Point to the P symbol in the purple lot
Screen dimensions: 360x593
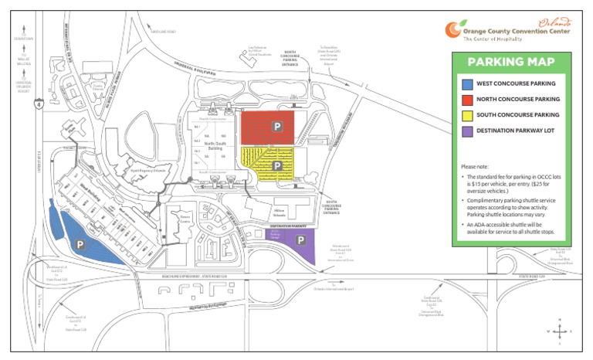click(x=299, y=240)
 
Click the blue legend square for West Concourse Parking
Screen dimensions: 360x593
click(x=466, y=83)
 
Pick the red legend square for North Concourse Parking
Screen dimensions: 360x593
click(x=466, y=99)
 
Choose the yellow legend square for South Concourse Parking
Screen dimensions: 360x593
click(x=466, y=114)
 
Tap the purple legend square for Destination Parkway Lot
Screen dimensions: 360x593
click(x=466, y=131)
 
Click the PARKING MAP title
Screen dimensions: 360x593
click(x=511, y=63)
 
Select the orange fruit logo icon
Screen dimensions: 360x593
click(x=452, y=29)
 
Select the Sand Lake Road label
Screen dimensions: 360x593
click(x=163, y=32)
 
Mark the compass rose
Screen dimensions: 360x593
click(x=561, y=331)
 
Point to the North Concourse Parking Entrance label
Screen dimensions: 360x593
click(x=290, y=59)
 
